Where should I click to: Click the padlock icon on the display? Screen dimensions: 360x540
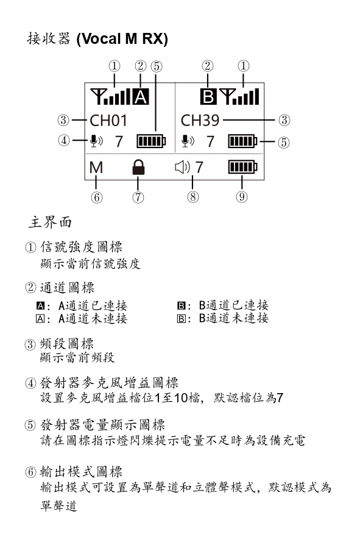point(138,168)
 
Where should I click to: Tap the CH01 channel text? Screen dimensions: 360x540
point(108,121)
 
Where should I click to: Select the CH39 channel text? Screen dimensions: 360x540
point(200,121)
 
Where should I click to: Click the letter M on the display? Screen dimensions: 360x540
point(96,168)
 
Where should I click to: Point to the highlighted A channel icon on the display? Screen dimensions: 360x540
point(141,96)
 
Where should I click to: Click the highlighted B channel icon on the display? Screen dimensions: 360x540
point(208,96)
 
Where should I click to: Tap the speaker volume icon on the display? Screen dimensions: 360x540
point(182,168)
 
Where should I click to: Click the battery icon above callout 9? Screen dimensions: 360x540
point(242,168)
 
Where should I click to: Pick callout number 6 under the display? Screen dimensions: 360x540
point(97,197)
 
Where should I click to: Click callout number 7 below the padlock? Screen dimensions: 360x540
point(138,197)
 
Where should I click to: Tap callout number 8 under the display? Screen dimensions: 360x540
point(192,197)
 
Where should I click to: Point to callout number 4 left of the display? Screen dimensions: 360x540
point(64,141)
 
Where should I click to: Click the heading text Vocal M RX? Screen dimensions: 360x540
point(122,39)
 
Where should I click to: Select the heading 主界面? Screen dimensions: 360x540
point(50,222)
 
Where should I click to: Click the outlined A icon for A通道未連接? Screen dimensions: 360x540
point(40,319)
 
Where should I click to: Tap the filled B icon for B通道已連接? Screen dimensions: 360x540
point(181,306)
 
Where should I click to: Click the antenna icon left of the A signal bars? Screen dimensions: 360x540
point(97,96)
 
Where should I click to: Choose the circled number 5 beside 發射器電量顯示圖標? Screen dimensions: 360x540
point(30,425)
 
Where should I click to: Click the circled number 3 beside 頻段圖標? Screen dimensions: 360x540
point(30,344)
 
